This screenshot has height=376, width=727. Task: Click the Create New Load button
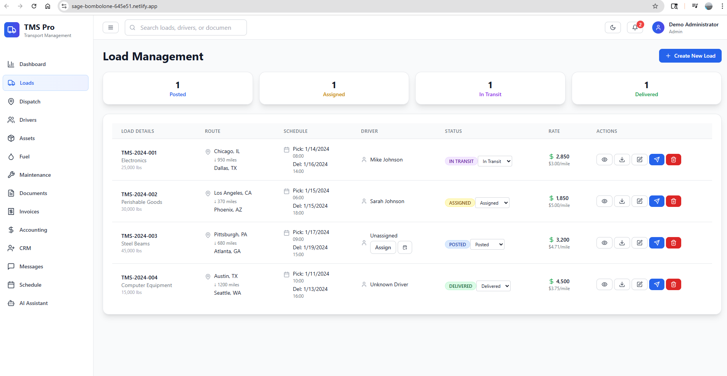[x=690, y=56]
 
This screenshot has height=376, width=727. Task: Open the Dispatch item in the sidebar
[x=30, y=102]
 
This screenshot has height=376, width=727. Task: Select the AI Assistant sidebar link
[x=34, y=303]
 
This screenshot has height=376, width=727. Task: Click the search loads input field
[x=186, y=27]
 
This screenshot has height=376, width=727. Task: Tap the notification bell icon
[x=635, y=27]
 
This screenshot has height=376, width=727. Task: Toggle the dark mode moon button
[x=613, y=27]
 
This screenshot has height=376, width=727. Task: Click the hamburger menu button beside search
[x=111, y=27]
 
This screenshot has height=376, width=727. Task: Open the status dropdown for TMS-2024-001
[x=495, y=161]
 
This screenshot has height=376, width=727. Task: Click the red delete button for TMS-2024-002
[x=673, y=201]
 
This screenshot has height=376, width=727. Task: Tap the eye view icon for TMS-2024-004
[x=604, y=284]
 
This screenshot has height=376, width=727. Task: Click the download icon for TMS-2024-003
[x=622, y=243]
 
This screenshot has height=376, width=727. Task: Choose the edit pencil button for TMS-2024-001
[x=639, y=160]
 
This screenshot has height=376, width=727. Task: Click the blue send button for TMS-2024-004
[x=656, y=284]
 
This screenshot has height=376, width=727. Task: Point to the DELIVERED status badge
[x=460, y=286]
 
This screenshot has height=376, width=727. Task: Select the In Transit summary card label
[x=490, y=94]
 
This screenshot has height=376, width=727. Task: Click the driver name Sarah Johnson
[x=387, y=201]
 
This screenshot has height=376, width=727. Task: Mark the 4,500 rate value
[x=563, y=281]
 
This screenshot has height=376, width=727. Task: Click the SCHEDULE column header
[x=295, y=131]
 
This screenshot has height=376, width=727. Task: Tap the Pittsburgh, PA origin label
[x=231, y=234]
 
